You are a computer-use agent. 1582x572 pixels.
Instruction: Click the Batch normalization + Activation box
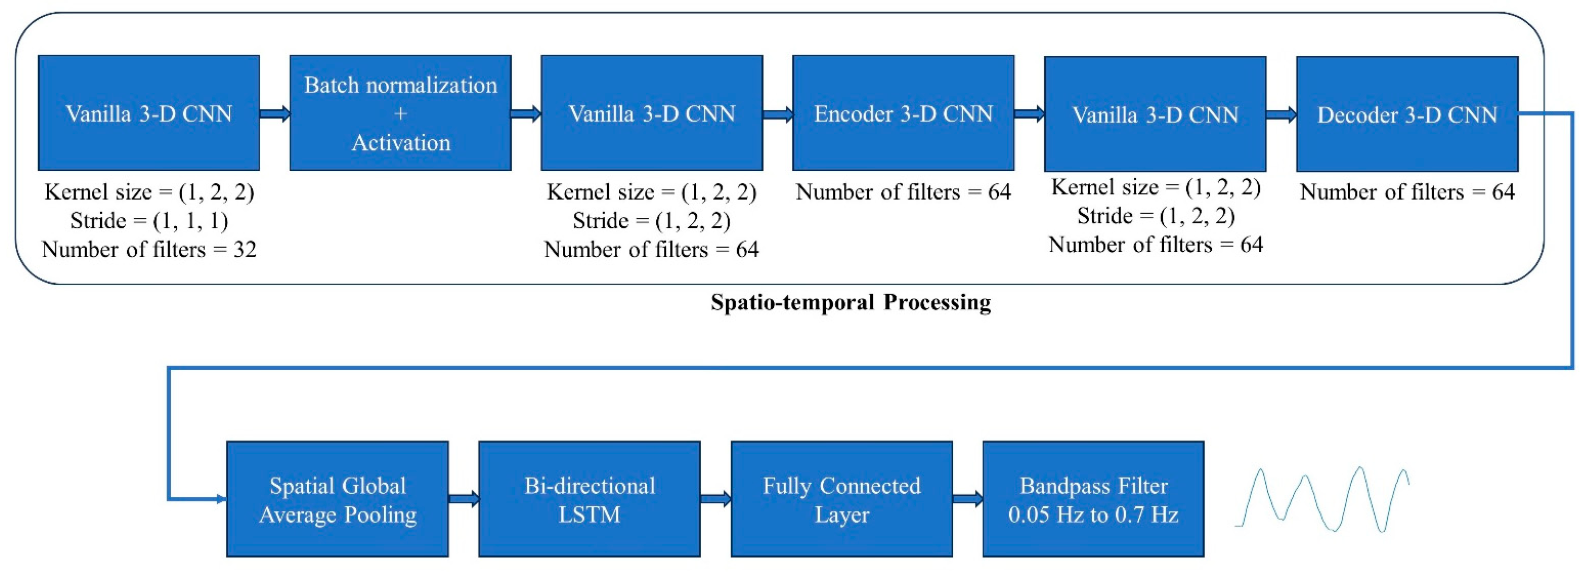click(400, 113)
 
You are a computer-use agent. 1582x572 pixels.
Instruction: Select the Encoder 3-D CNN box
click(903, 113)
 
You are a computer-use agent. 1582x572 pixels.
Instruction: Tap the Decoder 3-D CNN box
click(1407, 114)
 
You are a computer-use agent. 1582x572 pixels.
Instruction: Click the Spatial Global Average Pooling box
click(337, 499)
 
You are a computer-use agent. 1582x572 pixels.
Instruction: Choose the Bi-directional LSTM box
click(589, 499)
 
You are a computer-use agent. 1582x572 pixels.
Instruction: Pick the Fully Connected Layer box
click(841, 499)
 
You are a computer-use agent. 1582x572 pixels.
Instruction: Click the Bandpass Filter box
click(1093, 499)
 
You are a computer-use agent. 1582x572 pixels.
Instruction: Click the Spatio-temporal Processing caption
click(851, 302)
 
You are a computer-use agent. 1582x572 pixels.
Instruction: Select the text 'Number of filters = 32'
click(149, 250)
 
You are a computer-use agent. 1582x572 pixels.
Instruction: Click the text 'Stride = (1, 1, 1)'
click(149, 220)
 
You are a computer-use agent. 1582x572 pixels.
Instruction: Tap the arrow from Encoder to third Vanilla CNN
click(1029, 114)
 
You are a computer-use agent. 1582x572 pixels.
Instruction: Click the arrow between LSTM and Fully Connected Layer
click(715, 498)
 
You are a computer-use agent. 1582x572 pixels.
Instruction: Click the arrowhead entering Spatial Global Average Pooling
click(221, 498)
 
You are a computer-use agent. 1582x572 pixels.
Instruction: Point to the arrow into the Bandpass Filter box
click(967, 498)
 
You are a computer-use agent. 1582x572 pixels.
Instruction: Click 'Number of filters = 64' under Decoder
click(1407, 192)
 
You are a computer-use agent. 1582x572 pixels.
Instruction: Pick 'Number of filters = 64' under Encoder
click(903, 192)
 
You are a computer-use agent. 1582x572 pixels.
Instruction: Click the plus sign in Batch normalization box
click(400, 114)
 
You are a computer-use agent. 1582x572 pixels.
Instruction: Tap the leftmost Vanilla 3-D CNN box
click(149, 113)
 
